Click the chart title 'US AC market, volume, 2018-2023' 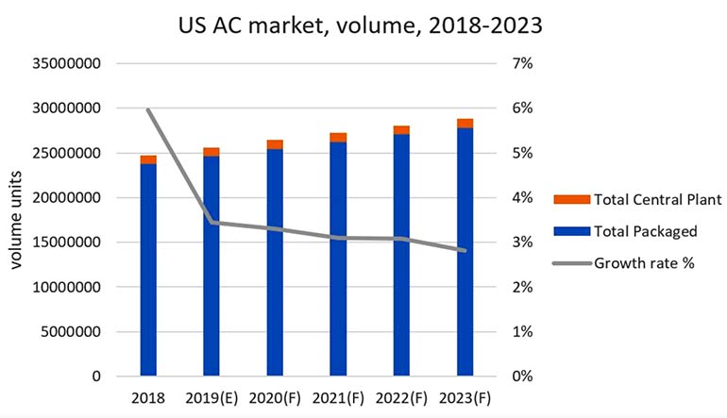click(361, 25)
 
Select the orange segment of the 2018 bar click(148, 159)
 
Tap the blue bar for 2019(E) click(211, 266)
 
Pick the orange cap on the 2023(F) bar click(465, 124)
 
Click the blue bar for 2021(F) click(338, 259)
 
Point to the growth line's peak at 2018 click(148, 109)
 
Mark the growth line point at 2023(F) click(465, 251)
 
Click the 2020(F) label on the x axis click(275, 398)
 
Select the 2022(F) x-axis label click(401, 398)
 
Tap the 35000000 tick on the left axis click(66, 63)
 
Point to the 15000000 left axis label click(66, 242)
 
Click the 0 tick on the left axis click(96, 376)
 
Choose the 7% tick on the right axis click(522, 63)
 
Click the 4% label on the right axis click(522, 198)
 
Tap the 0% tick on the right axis click(522, 376)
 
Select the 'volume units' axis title click(16, 220)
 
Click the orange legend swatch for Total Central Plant click(571, 200)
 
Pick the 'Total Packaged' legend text click(646, 231)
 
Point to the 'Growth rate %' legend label click(644, 263)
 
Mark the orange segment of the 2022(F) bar click(401, 130)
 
